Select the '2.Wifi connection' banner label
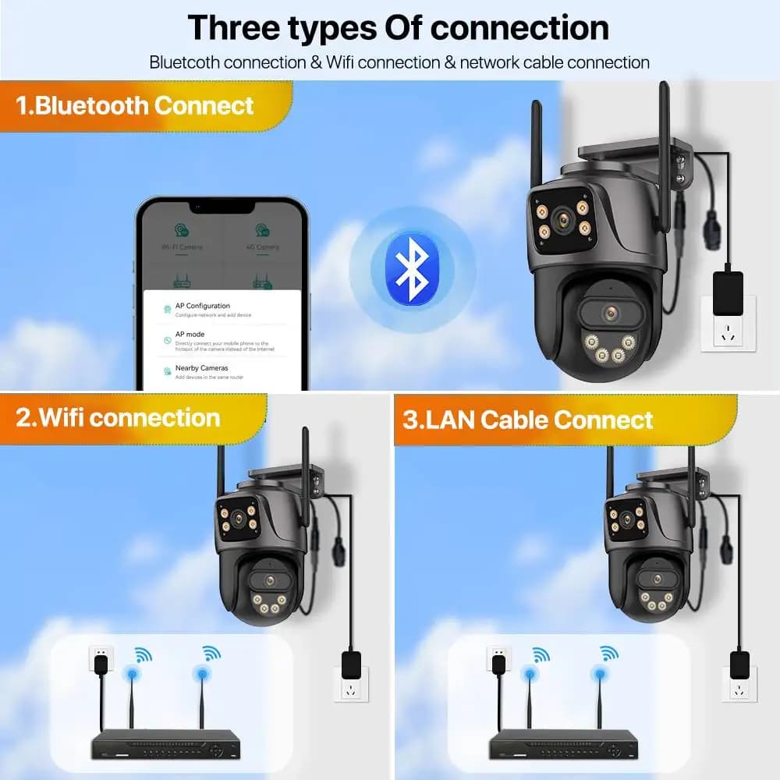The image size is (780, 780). click(x=118, y=417)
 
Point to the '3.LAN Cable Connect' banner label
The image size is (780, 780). click(x=528, y=420)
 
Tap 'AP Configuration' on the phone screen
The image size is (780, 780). click(x=202, y=307)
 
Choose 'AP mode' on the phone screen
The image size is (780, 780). click(x=190, y=334)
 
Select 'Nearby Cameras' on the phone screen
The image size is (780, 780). click(x=201, y=368)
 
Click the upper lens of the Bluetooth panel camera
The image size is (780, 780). click(x=560, y=219)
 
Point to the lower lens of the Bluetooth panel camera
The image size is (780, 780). click(x=611, y=314)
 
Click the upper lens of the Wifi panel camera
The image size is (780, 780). click(x=236, y=519)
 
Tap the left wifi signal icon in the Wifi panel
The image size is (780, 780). click(x=141, y=655)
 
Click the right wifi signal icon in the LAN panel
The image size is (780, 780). click(x=609, y=654)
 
